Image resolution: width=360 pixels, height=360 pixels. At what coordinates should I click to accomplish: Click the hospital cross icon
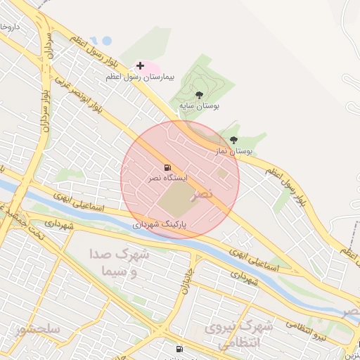(x=140, y=65)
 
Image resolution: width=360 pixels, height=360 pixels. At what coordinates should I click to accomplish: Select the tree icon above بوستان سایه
(x=200, y=94)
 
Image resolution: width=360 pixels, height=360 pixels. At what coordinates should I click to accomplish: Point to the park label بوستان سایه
(x=199, y=105)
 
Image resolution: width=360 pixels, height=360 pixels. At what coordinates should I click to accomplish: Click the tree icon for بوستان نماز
(x=234, y=140)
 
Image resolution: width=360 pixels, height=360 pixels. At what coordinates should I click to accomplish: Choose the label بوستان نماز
(x=232, y=150)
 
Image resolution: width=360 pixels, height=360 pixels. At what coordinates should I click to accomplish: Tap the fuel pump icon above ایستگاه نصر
(x=167, y=167)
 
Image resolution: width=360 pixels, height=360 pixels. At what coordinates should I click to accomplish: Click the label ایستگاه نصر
(x=167, y=179)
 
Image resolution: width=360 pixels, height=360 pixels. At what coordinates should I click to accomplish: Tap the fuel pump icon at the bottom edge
(x=179, y=349)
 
